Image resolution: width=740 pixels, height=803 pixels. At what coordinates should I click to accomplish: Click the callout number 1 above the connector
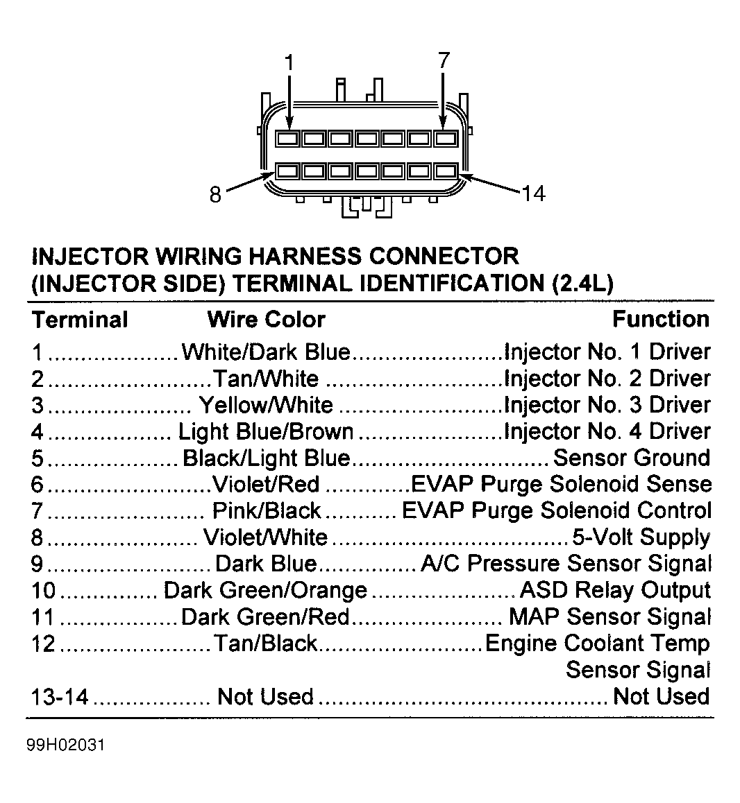coord(289,63)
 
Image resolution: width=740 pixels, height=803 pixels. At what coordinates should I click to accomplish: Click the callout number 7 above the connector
coord(444,60)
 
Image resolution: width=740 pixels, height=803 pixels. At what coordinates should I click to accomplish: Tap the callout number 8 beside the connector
coord(215,195)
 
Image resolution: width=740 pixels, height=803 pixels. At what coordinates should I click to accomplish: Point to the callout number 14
coord(533,193)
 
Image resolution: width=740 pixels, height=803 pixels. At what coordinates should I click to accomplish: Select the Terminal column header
coord(80,320)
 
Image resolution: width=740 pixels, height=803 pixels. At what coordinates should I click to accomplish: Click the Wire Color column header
coord(266,320)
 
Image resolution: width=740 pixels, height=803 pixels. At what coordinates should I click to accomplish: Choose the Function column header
coord(660,319)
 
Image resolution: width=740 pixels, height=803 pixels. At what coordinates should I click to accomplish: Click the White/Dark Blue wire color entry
coord(266,352)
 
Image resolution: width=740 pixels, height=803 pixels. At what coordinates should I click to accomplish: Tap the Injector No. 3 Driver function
coord(607,405)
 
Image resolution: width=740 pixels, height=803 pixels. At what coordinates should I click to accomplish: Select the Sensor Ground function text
coord(632,458)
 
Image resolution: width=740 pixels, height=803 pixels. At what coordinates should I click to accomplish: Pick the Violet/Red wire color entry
coord(265,484)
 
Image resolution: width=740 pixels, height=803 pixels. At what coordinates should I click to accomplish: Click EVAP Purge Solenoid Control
coord(557,511)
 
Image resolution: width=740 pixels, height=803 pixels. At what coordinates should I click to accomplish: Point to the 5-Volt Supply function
coord(640,537)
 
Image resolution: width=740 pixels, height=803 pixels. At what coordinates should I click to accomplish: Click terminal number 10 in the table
coord(43,591)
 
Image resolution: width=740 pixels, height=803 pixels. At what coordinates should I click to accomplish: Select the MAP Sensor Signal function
coord(609,616)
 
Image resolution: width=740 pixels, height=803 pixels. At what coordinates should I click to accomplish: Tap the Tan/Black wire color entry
coord(265,644)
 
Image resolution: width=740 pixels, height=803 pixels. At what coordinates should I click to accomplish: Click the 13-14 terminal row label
coord(60,697)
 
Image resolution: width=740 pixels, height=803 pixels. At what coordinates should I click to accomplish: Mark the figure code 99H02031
coord(66,746)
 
